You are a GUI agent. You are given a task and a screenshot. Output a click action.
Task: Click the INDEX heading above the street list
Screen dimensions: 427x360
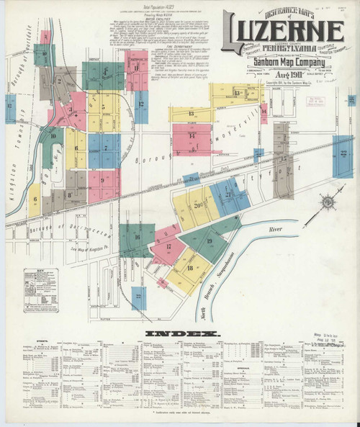(181, 334)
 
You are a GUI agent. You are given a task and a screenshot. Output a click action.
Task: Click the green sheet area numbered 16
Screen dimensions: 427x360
(136, 236)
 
